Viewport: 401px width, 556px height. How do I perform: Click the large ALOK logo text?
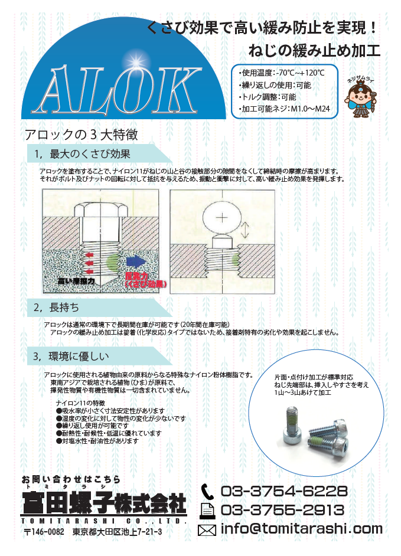(112, 90)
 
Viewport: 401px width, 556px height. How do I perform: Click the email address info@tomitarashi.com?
(301, 529)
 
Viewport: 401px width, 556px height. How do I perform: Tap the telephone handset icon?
(207, 491)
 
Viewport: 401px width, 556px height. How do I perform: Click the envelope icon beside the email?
(207, 529)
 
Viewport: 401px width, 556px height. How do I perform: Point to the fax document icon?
(207, 510)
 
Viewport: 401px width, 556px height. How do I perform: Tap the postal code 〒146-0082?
(44, 532)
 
